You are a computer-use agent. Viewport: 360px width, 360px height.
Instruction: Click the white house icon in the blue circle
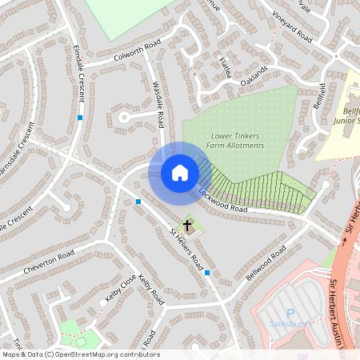pyautogui.click(x=179, y=172)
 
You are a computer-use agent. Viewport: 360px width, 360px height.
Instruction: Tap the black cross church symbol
pyautogui.click(x=188, y=226)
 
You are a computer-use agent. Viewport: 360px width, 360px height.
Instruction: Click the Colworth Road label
pyautogui.click(x=137, y=50)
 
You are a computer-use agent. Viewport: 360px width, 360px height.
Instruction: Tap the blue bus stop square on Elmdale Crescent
pyautogui.click(x=80, y=118)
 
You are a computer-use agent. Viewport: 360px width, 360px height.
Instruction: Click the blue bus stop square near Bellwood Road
pyautogui.click(x=207, y=274)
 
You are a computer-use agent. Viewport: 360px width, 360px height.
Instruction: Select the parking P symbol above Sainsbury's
pyautogui.click(x=290, y=313)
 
